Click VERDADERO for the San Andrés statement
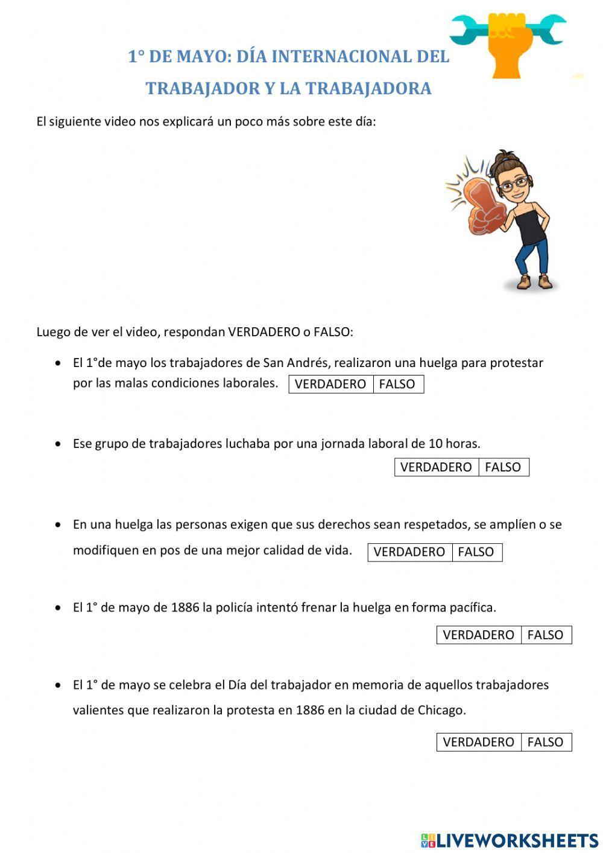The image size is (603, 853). coord(330,384)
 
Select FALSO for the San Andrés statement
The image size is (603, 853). coord(397,384)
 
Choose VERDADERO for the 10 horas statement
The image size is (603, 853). coord(436,467)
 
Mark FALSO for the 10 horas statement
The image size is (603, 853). coord(503,467)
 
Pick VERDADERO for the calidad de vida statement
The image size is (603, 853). coord(409,552)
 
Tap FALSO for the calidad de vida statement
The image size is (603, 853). coord(476,552)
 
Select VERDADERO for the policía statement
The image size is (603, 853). coord(479,635)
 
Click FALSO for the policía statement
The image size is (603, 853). coord(546,635)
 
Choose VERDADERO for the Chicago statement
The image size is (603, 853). coord(479,742)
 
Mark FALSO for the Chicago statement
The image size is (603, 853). coord(546,742)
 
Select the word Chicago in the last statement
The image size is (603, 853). coord(441,711)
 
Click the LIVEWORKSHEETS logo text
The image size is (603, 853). coord(517,840)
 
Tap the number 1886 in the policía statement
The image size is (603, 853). coord(185,607)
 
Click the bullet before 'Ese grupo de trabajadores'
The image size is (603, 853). coord(58,444)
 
